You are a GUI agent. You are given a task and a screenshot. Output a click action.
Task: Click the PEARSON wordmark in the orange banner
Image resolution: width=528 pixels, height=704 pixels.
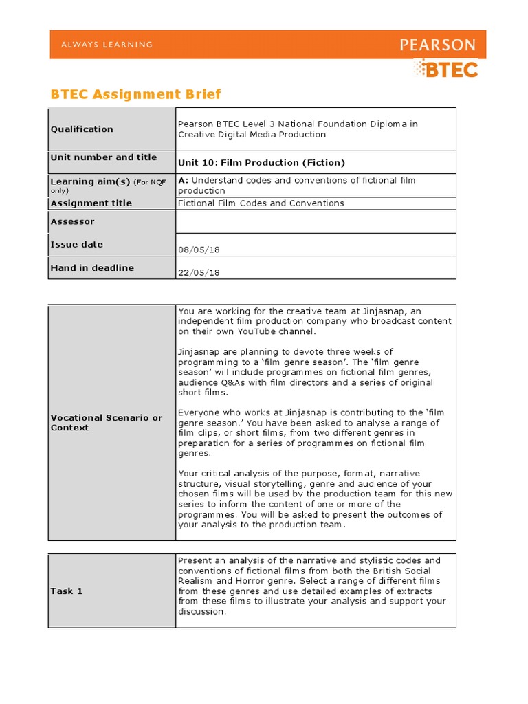point(437,45)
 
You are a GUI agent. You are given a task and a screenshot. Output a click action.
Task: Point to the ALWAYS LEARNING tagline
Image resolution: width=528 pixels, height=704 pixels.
point(107,45)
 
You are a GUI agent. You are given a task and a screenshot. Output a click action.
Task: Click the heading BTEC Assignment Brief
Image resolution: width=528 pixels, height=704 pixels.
point(136,94)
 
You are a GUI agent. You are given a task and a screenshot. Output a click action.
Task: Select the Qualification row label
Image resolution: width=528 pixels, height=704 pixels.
point(82,129)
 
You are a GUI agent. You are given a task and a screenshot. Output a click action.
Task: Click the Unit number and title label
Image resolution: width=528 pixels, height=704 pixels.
point(104,157)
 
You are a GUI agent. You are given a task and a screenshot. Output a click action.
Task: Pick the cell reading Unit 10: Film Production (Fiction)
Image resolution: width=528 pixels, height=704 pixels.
point(261,163)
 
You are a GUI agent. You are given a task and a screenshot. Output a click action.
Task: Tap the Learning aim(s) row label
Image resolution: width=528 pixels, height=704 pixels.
point(80,181)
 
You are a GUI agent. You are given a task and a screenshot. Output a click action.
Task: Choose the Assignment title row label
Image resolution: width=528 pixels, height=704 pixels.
point(91,203)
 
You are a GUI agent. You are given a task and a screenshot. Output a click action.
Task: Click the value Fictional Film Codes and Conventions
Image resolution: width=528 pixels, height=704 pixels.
point(261,203)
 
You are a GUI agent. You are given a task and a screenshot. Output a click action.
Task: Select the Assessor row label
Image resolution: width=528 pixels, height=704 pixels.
point(73,221)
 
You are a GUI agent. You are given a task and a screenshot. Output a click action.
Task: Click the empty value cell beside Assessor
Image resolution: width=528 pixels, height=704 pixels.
point(316,221)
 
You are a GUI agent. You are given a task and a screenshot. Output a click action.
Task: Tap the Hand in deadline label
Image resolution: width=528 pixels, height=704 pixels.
point(93,267)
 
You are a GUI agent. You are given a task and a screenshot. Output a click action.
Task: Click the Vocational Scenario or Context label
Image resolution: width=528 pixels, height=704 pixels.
point(107,422)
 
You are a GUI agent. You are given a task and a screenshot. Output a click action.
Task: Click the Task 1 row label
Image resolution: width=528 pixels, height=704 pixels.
point(67,591)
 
